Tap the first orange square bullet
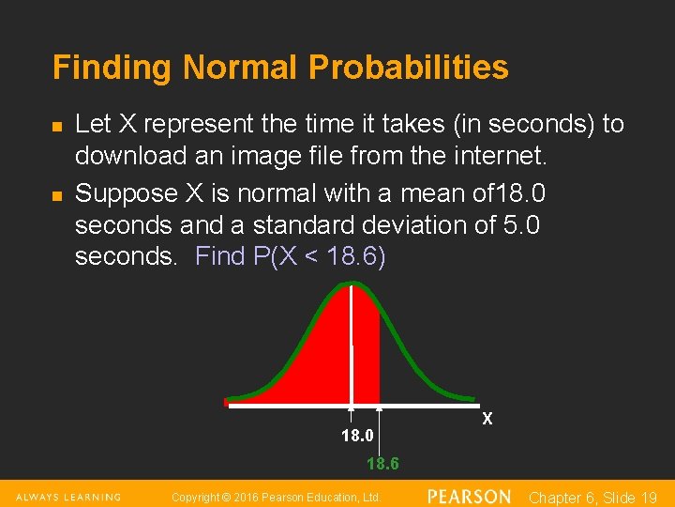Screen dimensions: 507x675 [57, 126]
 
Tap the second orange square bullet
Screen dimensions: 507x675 [57, 195]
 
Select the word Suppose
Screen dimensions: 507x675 [126, 193]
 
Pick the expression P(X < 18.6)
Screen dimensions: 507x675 [320, 257]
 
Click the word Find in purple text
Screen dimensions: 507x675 [220, 257]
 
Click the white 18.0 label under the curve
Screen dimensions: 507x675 [357, 436]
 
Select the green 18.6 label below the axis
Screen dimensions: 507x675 [382, 464]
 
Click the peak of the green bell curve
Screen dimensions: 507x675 [352, 284]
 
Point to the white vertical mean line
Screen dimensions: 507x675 [351, 347]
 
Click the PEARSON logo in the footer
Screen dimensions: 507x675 [469, 497]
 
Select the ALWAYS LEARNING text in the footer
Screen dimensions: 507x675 [67, 497]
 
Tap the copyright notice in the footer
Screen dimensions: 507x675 [277, 497]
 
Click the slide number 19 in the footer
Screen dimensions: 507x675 [648, 498]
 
